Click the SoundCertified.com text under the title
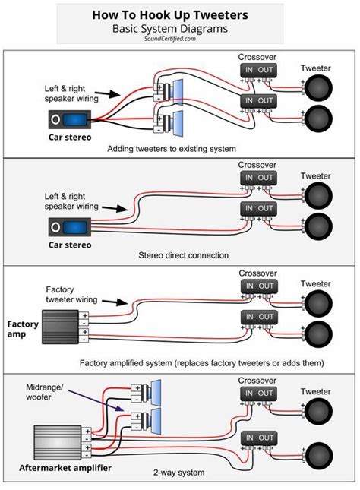(170, 39)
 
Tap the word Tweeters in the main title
(220, 15)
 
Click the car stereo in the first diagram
(70, 119)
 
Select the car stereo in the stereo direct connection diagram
(70, 227)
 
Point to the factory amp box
(60, 327)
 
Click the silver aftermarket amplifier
(58, 442)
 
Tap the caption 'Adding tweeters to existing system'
(172, 149)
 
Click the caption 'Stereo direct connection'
(184, 255)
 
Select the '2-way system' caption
(178, 473)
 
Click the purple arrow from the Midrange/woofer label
(95, 400)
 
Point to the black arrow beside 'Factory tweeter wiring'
(115, 302)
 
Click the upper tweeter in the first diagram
(318, 88)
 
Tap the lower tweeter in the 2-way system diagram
(318, 456)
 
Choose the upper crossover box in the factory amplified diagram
(259, 286)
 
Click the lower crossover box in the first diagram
(258, 101)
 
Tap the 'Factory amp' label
(23, 329)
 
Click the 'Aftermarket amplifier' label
(65, 468)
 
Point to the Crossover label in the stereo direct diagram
(257, 165)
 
